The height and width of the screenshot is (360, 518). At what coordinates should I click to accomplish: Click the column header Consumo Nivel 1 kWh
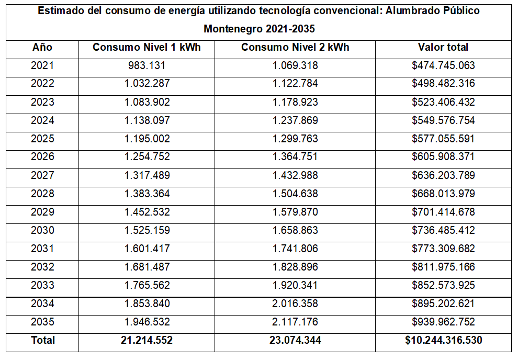click(147, 47)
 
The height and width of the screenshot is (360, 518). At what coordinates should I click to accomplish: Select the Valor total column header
click(443, 47)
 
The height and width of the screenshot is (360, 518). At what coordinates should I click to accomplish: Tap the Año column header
click(42, 47)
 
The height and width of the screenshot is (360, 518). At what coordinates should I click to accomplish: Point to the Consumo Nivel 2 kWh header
click(295, 47)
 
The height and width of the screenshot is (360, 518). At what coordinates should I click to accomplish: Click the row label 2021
click(42, 66)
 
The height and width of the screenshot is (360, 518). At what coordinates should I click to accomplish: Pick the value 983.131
click(147, 66)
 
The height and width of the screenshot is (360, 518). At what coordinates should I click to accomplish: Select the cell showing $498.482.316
click(443, 84)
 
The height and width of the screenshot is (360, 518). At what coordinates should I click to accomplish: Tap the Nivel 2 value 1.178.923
click(295, 102)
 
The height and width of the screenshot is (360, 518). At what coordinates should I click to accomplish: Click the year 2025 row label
click(42, 139)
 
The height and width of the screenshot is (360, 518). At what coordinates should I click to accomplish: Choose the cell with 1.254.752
click(147, 157)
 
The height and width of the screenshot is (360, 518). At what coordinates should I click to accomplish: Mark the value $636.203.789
click(443, 175)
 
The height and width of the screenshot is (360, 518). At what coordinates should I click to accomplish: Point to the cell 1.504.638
click(295, 194)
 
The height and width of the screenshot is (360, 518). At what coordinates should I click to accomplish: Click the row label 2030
click(42, 230)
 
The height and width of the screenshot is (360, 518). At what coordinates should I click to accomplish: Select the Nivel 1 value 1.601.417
click(147, 249)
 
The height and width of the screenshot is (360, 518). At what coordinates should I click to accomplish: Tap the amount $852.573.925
click(443, 285)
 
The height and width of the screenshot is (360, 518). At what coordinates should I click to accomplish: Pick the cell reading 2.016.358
click(295, 303)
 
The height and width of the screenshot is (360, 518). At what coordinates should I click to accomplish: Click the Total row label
click(43, 340)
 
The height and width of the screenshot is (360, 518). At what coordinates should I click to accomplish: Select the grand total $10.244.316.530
click(443, 340)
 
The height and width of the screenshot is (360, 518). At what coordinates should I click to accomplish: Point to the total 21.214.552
click(147, 340)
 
